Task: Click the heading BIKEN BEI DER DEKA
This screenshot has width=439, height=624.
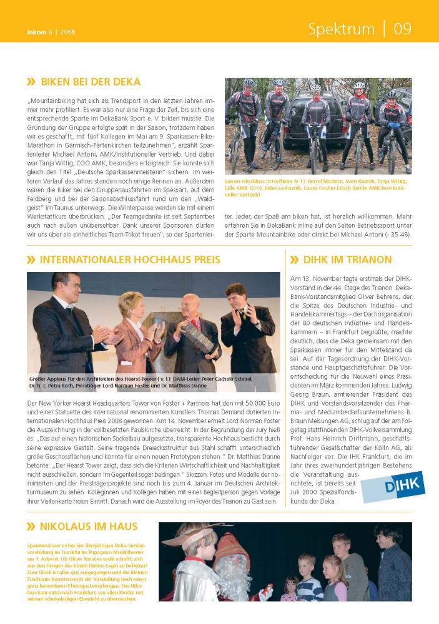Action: point(91,82)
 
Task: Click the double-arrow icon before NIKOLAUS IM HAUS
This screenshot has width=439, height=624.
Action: point(31,527)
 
